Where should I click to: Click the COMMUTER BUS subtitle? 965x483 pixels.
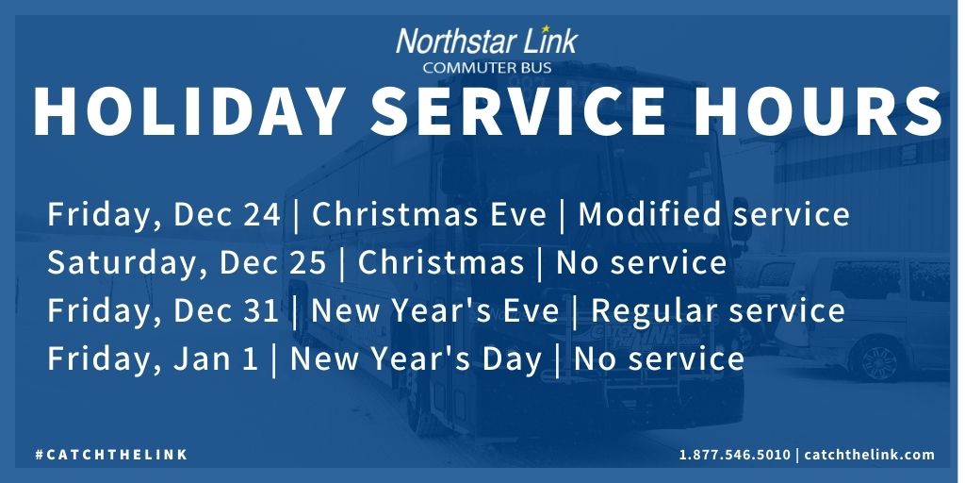click(x=486, y=67)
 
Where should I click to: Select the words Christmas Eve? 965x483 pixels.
click(x=429, y=215)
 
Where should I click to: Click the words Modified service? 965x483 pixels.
click(x=713, y=215)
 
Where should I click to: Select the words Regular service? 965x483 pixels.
click(x=717, y=310)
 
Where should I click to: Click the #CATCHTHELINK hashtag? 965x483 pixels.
click(x=111, y=455)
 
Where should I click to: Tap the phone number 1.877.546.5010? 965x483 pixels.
click(x=735, y=455)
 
